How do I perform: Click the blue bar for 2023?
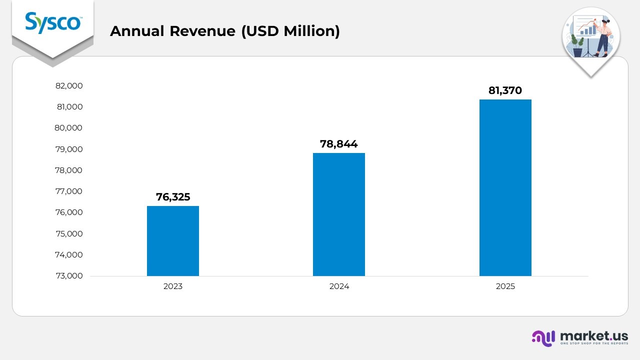pyautogui.click(x=172, y=240)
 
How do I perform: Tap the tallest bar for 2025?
pyautogui.click(x=505, y=187)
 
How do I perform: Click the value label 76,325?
pyautogui.click(x=173, y=197)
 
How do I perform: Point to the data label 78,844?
pyautogui.click(x=339, y=144)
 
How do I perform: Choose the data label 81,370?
pyautogui.click(x=505, y=90)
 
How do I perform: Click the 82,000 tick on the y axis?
pyautogui.click(x=69, y=86)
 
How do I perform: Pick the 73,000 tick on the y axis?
pyautogui.click(x=69, y=276)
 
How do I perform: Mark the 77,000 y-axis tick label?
pyautogui.click(x=69, y=191)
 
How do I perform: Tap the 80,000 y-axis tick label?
pyautogui.click(x=69, y=128)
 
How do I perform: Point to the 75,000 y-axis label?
pyautogui.click(x=69, y=234)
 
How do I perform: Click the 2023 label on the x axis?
pyautogui.click(x=173, y=287)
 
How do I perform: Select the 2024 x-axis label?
pyautogui.click(x=339, y=287)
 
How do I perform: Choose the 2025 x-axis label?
pyautogui.click(x=505, y=287)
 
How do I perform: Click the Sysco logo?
pyautogui.click(x=52, y=22)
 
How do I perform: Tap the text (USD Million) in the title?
pyautogui.click(x=290, y=31)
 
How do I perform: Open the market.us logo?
pyautogui.click(x=579, y=337)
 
